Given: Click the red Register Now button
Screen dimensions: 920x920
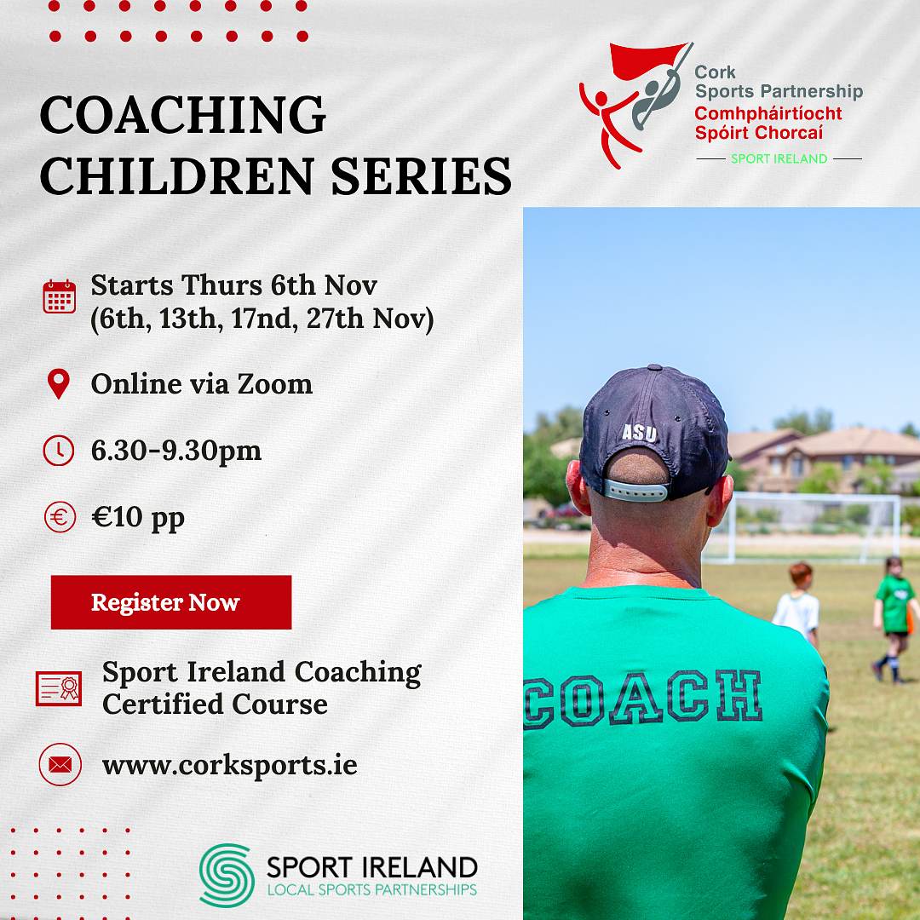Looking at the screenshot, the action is [x=170, y=602].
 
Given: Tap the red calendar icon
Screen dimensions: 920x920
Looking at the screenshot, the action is [x=60, y=296].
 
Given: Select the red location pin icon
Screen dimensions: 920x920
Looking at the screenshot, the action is [x=59, y=384].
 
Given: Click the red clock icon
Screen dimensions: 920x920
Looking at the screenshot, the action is [x=59, y=451].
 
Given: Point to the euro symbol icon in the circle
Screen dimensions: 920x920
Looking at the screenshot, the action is [x=60, y=518].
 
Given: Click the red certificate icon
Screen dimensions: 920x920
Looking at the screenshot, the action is [x=59, y=688].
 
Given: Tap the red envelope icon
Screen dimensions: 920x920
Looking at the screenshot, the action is [x=60, y=764].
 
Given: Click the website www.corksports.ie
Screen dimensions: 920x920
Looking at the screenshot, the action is [x=229, y=765].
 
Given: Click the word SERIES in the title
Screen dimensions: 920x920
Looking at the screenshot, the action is [x=422, y=176].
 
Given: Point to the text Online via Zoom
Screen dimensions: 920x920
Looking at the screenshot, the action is [x=202, y=384].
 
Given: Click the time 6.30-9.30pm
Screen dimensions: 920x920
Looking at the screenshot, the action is [x=176, y=451].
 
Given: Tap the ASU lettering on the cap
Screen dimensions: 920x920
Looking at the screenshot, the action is [x=639, y=433].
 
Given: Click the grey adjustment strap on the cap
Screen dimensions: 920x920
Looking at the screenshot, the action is [x=635, y=490].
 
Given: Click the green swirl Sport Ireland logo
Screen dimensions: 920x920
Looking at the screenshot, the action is [x=227, y=876].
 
